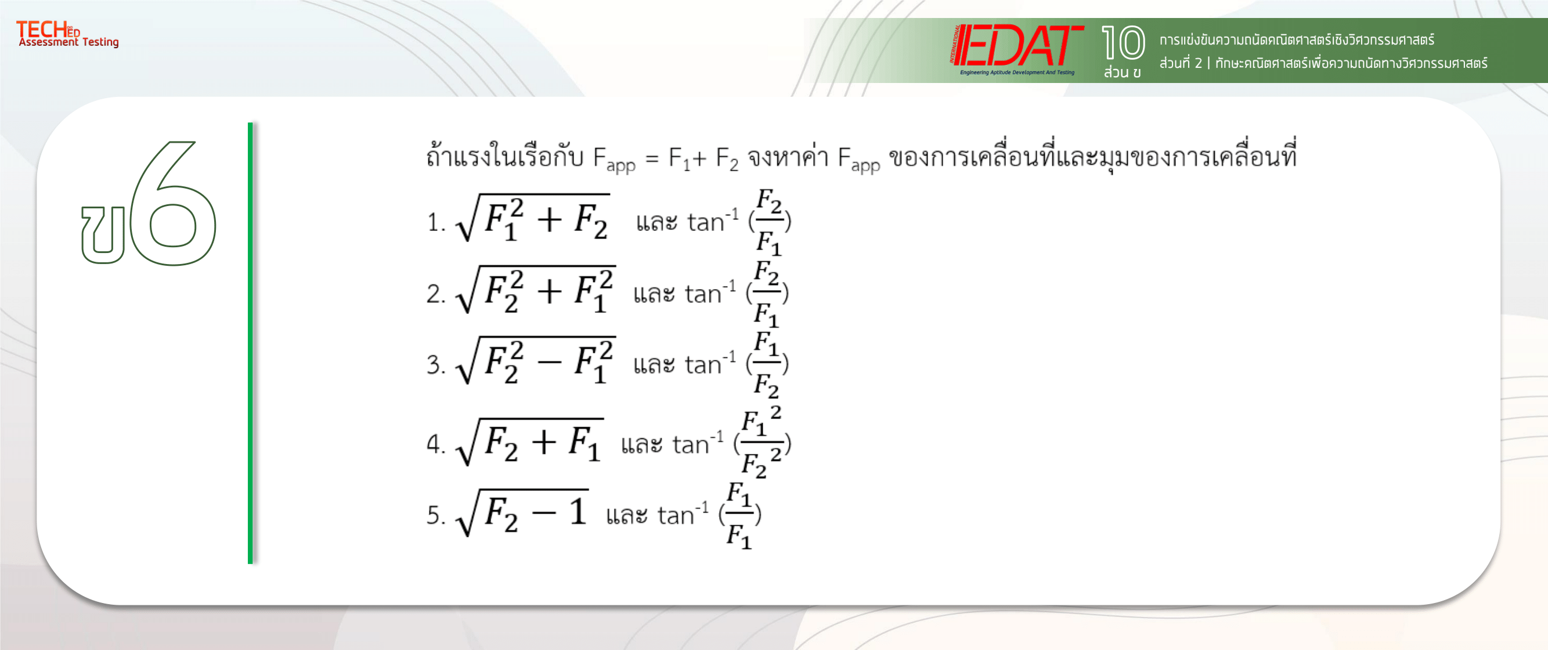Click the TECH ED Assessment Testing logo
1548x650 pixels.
tap(67, 34)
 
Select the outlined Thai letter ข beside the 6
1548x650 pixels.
tap(103, 234)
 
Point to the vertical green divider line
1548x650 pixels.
tap(250, 342)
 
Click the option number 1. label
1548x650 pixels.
tap(436, 223)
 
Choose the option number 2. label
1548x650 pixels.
tap(436, 294)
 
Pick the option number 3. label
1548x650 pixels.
tap(436, 365)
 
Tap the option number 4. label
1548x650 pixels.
tap(436, 445)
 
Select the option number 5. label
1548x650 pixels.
tap(436, 515)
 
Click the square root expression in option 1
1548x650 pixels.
tap(533, 218)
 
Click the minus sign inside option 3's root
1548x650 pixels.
tap(549, 362)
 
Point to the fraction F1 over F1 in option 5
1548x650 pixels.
tap(739, 515)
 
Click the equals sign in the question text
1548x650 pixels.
tap(652, 159)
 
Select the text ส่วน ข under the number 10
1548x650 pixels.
tap(1122, 73)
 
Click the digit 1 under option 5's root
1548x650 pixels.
tap(578, 512)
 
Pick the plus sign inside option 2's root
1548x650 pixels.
tap(549, 291)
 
